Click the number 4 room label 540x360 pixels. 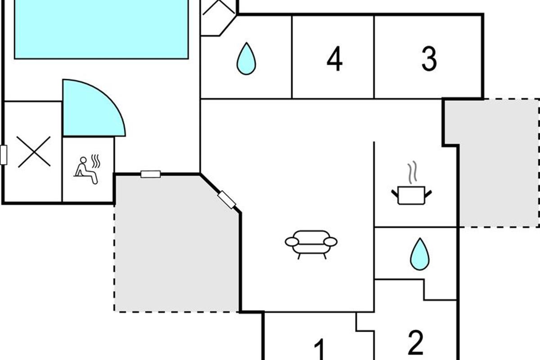[334, 60]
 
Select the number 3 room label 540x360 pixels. [429, 59]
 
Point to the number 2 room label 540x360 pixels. [415, 343]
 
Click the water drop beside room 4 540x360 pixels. [246, 58]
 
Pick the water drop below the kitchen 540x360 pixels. [419, 254]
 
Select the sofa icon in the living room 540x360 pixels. [311, 243]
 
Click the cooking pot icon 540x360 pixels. [411, 196]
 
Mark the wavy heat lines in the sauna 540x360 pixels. [95, 161]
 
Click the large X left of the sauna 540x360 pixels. [34, 152]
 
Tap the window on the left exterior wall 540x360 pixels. [4, 155]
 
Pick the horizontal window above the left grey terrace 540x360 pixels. [150, 174]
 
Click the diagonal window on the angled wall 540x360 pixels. [227, 200]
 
